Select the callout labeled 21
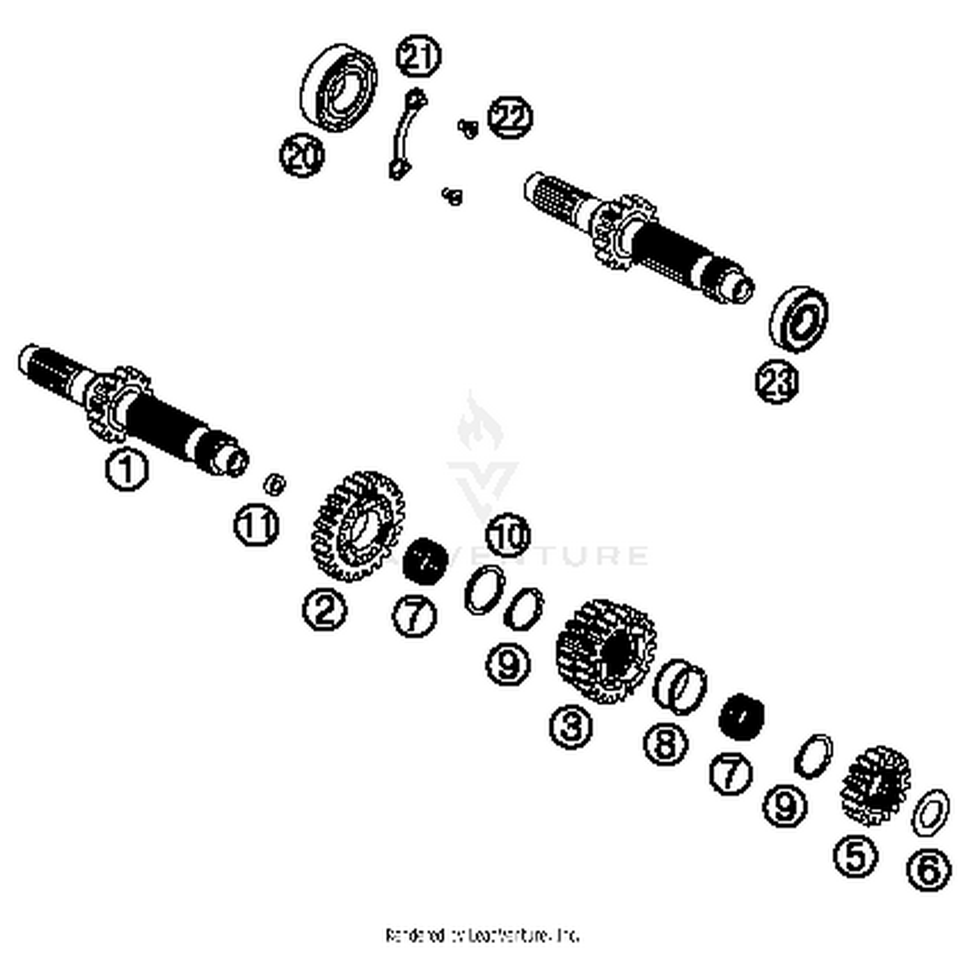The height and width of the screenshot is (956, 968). pos(418,56)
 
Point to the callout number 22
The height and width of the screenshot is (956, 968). pos(510,117)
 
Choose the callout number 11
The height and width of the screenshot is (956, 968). pos(256,525)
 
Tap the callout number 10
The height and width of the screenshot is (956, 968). pos(508,535)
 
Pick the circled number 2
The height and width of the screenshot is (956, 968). pos(324,609)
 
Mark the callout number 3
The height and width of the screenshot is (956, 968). pos(570,726)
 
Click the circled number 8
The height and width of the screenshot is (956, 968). pos(665,744)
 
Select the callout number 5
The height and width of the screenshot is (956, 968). pos(855,856)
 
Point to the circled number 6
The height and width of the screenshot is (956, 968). pos(929,870)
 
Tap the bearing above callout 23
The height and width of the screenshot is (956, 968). pos(799,319)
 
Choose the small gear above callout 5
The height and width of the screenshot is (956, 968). pos(876,786)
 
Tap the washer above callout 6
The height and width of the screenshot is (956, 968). pos(930,813)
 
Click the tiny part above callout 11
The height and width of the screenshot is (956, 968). pos(275,484)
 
